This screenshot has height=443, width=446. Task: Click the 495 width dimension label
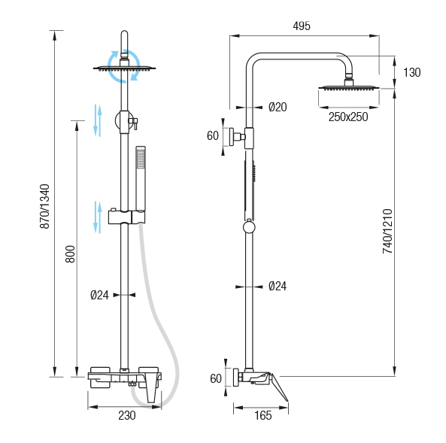(302, 26)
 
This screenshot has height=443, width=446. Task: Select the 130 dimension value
(411, 72)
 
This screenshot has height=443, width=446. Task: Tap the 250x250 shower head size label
(348, 117)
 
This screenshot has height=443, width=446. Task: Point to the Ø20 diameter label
(278, 108)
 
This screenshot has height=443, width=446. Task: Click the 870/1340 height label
(44, 206)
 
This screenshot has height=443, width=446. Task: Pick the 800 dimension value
(70, 254)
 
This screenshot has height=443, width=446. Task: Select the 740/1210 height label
(387, 231)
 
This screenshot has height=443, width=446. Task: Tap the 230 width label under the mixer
(127, 416)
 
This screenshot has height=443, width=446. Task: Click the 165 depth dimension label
(262, 416)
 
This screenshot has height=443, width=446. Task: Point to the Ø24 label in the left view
(99, 295)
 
